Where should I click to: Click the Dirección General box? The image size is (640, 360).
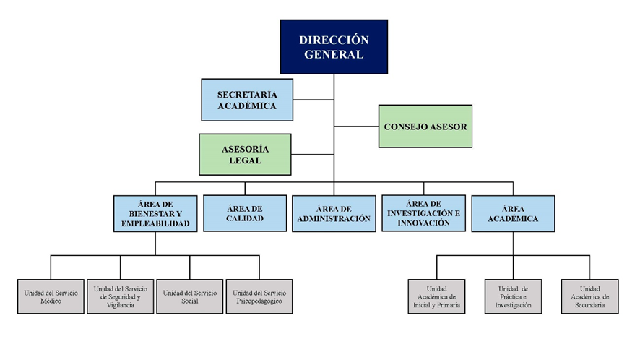(334, 46)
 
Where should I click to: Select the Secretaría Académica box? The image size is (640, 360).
(247, 100)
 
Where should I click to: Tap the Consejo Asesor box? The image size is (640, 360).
(425, 127)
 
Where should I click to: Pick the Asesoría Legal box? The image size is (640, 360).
(245, 154)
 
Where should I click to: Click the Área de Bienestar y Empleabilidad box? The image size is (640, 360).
(155, 213)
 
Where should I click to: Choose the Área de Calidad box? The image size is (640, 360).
(244, 213)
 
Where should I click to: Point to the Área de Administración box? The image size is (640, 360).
(334, 213)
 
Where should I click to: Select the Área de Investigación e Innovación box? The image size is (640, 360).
(423, 213)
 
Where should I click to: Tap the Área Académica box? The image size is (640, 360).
(513, 213)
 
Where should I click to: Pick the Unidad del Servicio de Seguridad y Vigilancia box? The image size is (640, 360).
(119, 296)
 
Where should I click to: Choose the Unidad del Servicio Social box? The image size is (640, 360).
(190, 296)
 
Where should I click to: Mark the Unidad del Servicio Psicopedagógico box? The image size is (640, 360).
(259, 296)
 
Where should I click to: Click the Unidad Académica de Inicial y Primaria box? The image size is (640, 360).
(437, 296)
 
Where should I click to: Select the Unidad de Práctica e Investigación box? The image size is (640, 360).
(514, 296)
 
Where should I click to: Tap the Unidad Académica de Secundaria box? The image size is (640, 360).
(590, 296)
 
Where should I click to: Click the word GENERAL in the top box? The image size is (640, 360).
(334, 54)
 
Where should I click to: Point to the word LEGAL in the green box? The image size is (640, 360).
(245, 160)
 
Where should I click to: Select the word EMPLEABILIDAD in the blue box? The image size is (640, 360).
(155, 224)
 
